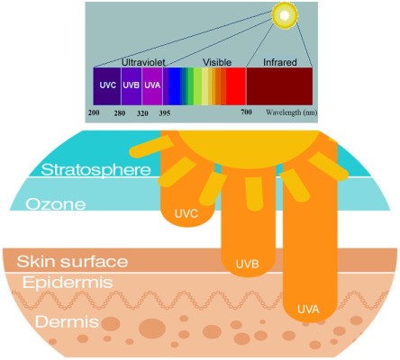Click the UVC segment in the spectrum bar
(107, 86)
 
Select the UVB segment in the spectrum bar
(132, 86)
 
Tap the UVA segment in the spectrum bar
(152, 86)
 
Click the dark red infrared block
(279, 86)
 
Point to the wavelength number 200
(94, 112)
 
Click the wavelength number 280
(120, 113)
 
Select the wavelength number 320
(142, 113)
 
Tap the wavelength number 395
(165, 113)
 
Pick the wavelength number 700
(246, 112)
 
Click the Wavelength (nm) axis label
(291, 112)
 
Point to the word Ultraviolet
(143, 62)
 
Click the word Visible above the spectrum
(217, 62)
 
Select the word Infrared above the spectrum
(280, 62)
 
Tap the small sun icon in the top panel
(285, 13)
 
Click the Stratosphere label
(96, 170)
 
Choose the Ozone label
(56, 204)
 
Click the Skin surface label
(72, 261)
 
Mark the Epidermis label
(68, 283)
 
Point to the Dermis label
(67, 322)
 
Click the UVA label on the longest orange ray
(308, 310)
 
